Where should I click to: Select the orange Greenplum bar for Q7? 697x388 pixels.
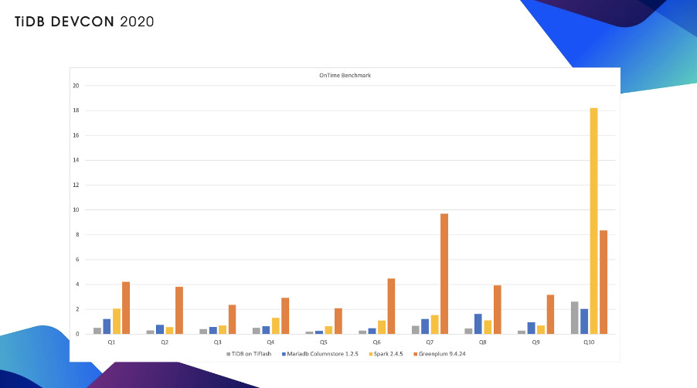[x=444, y=274]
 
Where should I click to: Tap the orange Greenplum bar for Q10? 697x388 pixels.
[x=603, y=282]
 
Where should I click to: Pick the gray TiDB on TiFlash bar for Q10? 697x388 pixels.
[x=574, y=318]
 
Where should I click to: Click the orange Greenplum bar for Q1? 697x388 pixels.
[x=126, y=308]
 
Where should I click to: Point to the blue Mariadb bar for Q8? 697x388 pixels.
[x=478, y=324]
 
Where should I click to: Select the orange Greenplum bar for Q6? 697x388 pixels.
[x=391, y=306]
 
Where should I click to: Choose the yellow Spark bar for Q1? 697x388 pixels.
[x=117, y=322]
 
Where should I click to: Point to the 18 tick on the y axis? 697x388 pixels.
[x=76, y=111]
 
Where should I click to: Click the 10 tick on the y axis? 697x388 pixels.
[x=76, y=209]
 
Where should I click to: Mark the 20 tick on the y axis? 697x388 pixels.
[x=76, y=86]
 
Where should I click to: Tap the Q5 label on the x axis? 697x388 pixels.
[x=323, y=342]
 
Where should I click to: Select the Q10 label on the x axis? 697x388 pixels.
[x=589, y=342]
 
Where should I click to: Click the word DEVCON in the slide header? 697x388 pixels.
[x=81, y=22]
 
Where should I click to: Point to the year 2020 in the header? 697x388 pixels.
[x=137, y=22]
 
